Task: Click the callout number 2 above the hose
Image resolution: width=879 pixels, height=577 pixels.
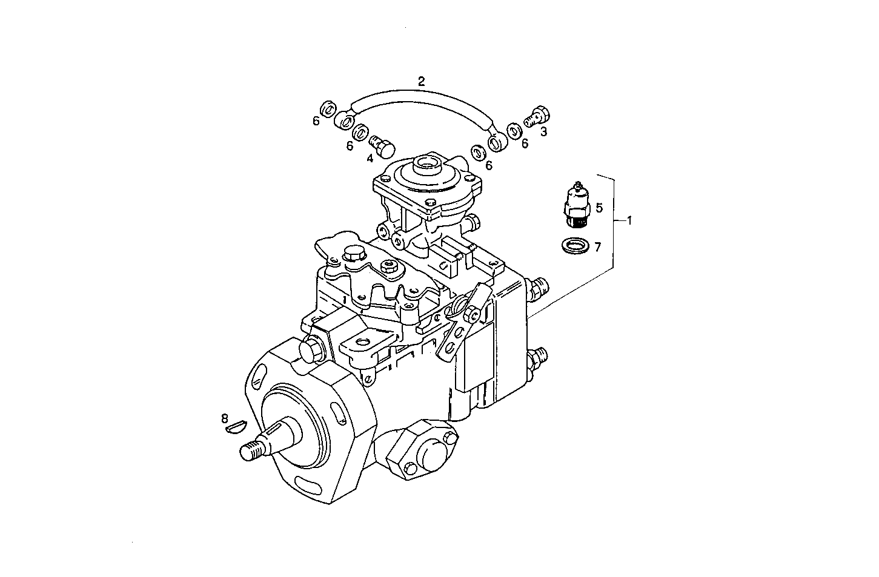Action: pos(422,81)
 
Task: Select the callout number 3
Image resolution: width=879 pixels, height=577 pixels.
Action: pos(543,131)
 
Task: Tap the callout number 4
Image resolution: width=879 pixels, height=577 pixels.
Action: pos(370,159)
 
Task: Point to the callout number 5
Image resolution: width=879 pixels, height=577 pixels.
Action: pos(599,208)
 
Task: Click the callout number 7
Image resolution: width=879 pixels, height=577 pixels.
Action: pos(597,247)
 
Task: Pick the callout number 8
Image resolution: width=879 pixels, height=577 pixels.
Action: pos(225,418)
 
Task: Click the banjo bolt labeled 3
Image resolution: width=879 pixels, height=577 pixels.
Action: pos(537,115)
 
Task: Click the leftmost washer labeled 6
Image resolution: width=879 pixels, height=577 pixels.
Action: pos(327,110)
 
